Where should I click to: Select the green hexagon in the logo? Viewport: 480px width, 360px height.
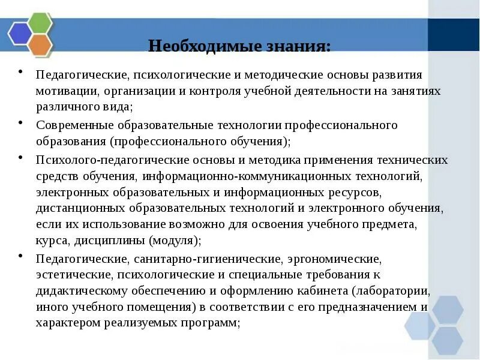(40, 23)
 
